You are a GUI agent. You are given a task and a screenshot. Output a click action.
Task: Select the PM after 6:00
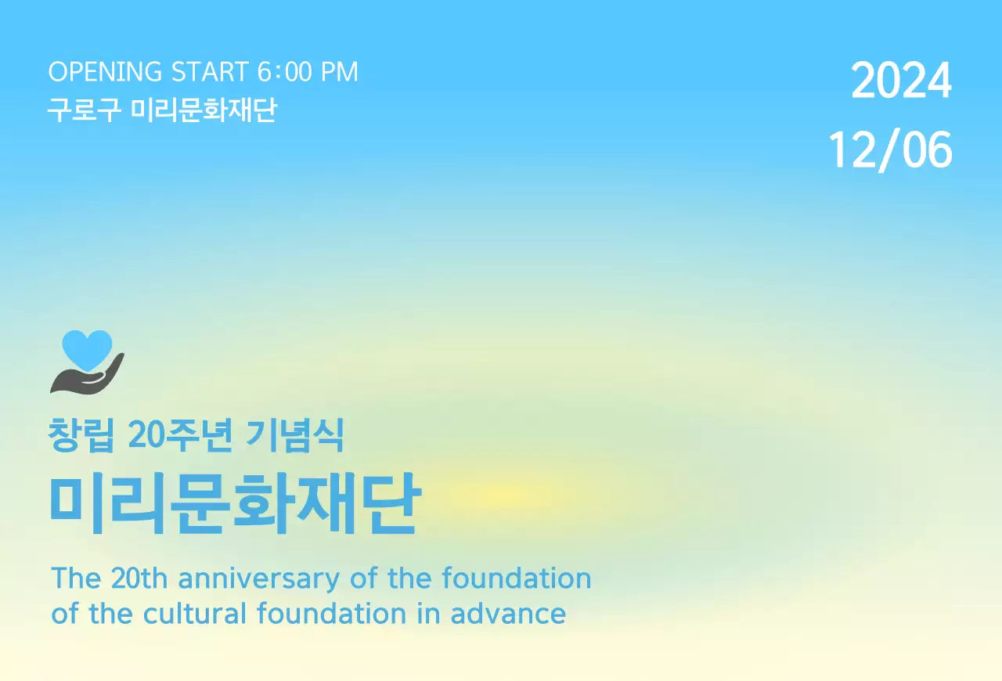click(339, 72)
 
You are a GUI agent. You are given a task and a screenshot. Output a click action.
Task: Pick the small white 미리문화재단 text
click(204, 110)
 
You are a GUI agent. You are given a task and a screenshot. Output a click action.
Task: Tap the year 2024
click(901, 81)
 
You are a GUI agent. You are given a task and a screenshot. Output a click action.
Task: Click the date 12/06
click(891, 150)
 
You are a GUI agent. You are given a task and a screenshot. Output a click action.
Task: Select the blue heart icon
click(87, 348)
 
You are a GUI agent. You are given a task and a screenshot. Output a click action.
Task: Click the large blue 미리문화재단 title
click(235, 504)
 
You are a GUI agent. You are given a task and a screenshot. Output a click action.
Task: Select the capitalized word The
click(76, 578)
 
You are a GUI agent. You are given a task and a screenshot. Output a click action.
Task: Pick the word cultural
click(196, 613)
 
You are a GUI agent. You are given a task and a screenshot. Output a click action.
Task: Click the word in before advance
click(428, 613)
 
